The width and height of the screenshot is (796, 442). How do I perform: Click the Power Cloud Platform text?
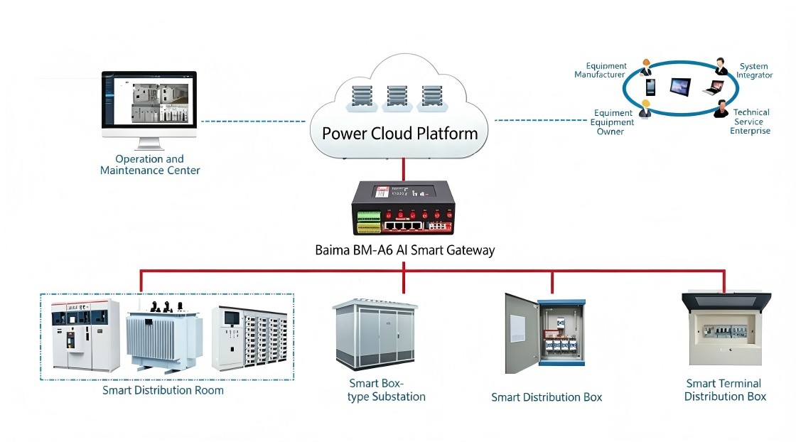coord(399,133)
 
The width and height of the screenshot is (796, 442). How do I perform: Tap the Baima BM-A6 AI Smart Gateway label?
coord(404,249)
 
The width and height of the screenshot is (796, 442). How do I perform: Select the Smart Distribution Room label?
coord(163,390)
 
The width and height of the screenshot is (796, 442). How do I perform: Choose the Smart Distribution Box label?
coord(547,397)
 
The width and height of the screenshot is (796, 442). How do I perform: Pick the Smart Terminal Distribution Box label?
coord(725,390)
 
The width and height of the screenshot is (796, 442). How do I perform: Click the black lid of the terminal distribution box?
coord(725,301)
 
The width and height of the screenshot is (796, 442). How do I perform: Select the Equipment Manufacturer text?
coord(600,70)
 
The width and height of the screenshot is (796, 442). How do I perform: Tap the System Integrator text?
coord(753,70)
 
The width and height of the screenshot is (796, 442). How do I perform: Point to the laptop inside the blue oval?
coord(713,88)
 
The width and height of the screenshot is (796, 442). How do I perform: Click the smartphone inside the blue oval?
coord(650,87)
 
